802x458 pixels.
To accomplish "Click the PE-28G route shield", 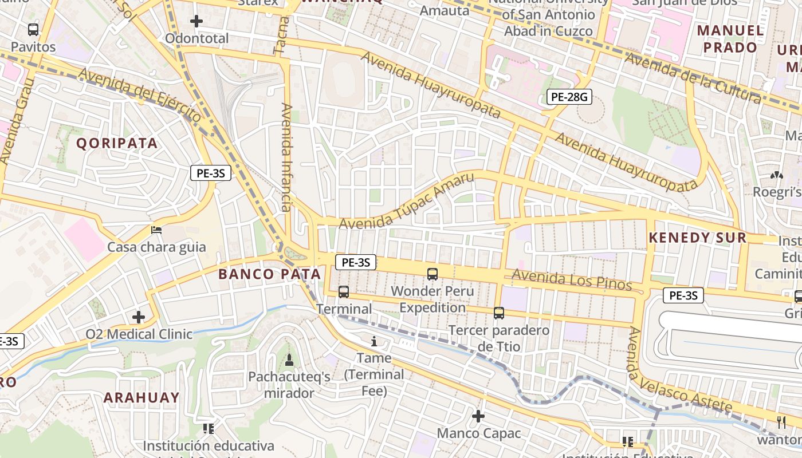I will (568, 97).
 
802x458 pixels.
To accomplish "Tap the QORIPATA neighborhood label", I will (117, 143).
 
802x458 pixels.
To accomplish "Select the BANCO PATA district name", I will (270, 274).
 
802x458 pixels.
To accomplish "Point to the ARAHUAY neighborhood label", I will (141, 397).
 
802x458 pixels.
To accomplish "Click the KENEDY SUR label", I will (697, 238).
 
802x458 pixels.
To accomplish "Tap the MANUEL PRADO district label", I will (730, 38).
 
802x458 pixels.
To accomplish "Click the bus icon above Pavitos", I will (33, 30).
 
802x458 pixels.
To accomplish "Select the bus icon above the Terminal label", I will (344, 292).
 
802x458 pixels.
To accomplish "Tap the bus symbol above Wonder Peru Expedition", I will (433, 274).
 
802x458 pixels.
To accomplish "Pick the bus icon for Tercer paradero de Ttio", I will (499, 313).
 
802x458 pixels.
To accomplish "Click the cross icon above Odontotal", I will (196, 22).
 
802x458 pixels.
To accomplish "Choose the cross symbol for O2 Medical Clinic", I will (139, 317).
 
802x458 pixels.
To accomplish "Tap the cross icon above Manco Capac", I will (478, 416).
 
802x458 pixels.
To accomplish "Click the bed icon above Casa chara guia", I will (156, 230).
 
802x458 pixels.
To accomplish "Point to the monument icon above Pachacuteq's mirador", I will (289, 360).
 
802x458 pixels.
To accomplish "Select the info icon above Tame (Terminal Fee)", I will (374, 342).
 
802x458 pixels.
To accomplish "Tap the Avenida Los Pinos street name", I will (571, 280).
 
